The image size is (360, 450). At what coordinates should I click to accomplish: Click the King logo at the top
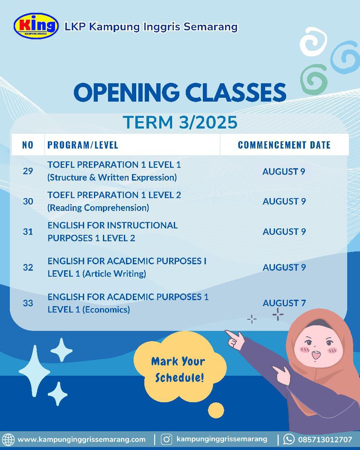[x=36, y=26]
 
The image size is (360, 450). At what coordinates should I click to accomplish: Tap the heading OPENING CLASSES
[x=180, y=92]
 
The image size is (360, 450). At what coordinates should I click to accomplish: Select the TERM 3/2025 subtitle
[x=180, y=122]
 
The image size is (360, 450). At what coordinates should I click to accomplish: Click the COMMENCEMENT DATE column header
[x=284, y=145]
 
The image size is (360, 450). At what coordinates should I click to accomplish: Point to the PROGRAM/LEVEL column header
[x=83, y=145]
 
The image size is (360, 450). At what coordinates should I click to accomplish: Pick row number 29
[x=28, y=171]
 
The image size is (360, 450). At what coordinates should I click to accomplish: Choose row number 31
[x=28, y=231]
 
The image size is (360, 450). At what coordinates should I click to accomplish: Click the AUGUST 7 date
[x=284, y=303]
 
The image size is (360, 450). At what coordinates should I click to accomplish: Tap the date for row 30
[x=284, y=201]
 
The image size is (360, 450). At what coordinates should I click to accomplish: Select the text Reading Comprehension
[x=98, y=208]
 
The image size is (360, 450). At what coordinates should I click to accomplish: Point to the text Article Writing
[x=114, y=274]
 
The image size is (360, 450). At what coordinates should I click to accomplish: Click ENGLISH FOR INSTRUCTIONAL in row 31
[x=113, y=225]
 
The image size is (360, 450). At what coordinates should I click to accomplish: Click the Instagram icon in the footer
[x=166, y=439]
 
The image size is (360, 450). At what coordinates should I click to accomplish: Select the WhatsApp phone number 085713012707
[x=325, y=439]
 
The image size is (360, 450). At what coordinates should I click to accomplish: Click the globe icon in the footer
[x=8, y=439]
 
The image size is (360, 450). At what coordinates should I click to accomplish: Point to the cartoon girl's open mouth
[x=316, y=355]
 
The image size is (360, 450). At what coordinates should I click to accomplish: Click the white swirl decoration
[x=313, y=41]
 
